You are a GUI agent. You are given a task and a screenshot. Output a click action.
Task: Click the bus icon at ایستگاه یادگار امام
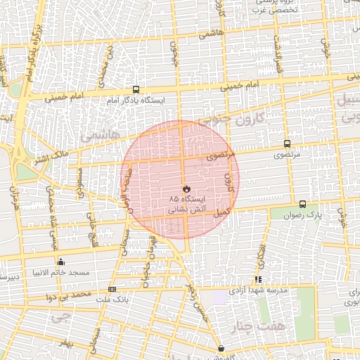click(135, 89)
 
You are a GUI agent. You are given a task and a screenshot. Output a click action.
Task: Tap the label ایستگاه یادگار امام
click(135, 101)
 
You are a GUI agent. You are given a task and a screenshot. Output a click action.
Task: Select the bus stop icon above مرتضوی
click(286, 143)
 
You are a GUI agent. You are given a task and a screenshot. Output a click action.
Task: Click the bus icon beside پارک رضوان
click(303, 204)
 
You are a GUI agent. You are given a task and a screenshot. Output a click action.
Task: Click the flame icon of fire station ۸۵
click(186, 189)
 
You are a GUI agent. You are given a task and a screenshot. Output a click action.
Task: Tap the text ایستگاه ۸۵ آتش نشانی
click(186, 205)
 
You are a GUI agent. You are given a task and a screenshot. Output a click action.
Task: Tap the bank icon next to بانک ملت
click(112, 289)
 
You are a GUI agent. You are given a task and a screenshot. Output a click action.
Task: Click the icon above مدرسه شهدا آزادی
click(259, 279)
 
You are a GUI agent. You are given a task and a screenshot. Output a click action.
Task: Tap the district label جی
click(61, 316)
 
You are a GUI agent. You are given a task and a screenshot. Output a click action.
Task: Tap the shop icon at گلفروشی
click(221, 348)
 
